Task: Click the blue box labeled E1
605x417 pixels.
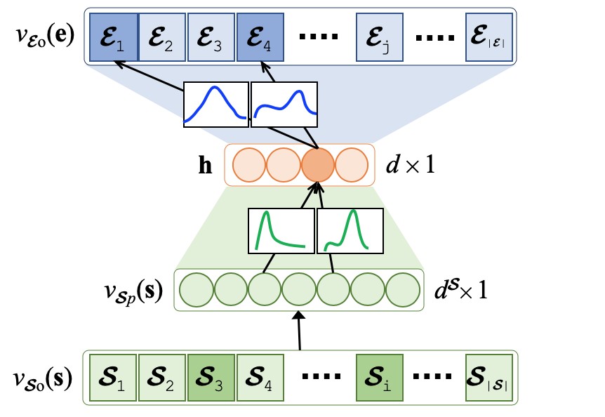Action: pos(112,36)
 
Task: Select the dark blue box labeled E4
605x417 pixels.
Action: pos(260,36)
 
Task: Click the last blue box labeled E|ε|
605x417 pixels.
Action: pos(488,36)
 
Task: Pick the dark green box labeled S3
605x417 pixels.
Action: pos(211,378)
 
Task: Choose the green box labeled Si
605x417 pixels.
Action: pos(379,378)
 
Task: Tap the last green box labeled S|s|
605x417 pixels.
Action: pos(488,378)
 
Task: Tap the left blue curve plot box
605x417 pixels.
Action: pos(215,105)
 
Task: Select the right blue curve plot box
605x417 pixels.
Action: pos(284,105)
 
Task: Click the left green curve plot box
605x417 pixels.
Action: pos(281,231)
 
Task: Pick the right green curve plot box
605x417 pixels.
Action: pos(350,231)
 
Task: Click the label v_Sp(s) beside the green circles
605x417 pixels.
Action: pos(134,289)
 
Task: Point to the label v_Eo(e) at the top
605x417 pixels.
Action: pos(42,34)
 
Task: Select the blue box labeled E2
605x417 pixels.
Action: pos(161,36)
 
